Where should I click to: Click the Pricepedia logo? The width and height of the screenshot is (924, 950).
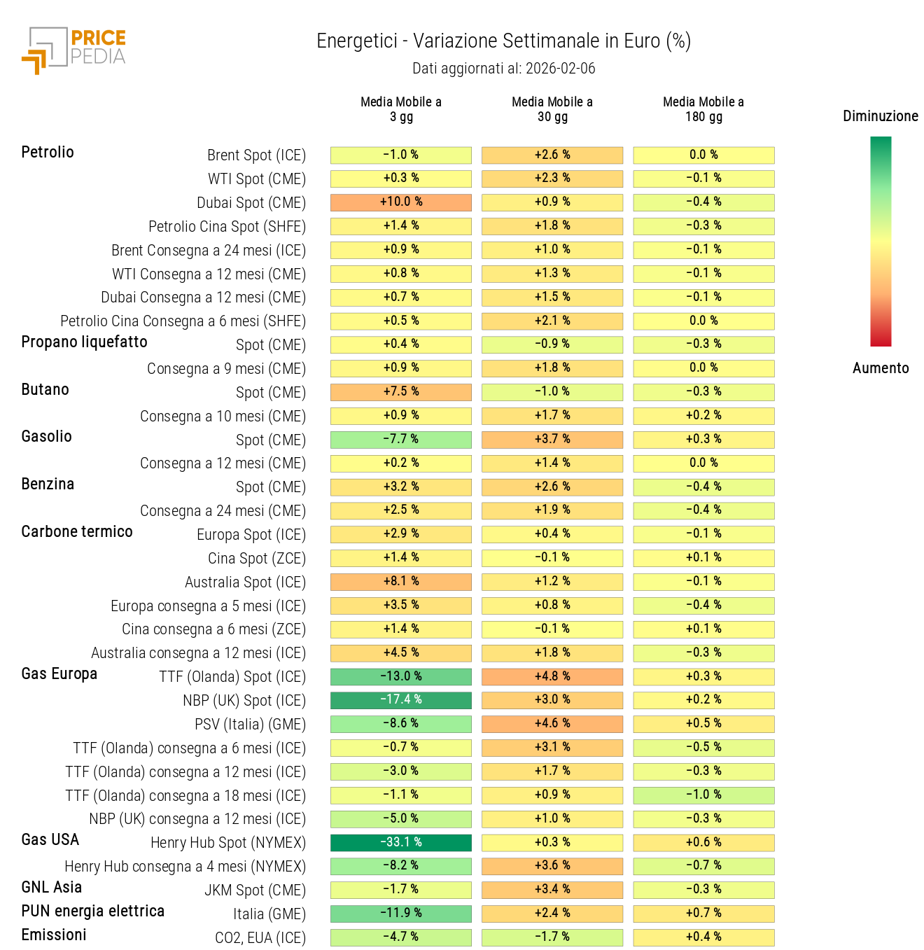coord(73,50)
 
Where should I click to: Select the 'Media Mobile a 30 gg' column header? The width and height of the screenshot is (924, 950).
coord(552,109)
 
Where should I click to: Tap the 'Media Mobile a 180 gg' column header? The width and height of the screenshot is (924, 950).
coord(703,109)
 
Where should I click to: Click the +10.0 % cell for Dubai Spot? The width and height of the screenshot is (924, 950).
coord(400,202)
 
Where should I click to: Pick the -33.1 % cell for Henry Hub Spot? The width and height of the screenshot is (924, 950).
coord(400,843)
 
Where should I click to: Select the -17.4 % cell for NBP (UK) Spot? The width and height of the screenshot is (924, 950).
coord(400,700)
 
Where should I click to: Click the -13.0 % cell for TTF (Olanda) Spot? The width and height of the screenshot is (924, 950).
coord(400,677)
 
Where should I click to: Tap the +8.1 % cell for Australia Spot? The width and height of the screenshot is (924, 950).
coord(400,582)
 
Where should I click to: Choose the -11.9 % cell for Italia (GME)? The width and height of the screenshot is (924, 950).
coord(400,914)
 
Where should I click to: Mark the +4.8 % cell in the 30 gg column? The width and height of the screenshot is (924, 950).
coord(552,677)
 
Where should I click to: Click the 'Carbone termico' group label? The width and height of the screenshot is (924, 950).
coord(77,532)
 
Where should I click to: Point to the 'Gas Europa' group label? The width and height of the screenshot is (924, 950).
coord(59,674)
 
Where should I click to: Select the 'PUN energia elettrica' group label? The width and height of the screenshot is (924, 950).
coord(93,911)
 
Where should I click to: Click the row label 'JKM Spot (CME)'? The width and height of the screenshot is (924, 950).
coord(255,890)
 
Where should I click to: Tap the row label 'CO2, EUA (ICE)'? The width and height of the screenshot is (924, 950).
coord(260,938)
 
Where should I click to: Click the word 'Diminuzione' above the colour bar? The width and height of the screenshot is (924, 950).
coord(880,116)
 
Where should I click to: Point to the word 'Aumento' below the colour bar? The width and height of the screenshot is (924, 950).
coord(880,368)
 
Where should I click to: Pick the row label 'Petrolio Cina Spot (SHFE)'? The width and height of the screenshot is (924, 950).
coord(227,227)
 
